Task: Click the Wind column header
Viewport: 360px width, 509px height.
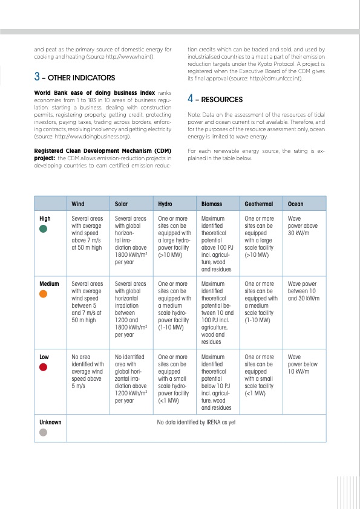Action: click(x=79, y=204)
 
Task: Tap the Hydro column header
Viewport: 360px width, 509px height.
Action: click(x=165, y=204)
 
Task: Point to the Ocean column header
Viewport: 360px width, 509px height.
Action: click(x=296, y=204)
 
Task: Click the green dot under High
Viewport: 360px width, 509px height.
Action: click(x=43, y=229)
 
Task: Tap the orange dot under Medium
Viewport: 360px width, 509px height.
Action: click(x=43, y=294)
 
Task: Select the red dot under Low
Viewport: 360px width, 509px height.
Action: click(x=43, y=367)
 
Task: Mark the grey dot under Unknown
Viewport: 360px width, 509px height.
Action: click(x=43, y=432)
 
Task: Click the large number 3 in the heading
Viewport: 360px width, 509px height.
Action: click(x=37, y=77)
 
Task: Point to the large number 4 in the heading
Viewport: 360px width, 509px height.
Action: click(x=191, y=99)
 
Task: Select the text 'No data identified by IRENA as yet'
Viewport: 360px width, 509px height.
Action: click(x=195, y=422)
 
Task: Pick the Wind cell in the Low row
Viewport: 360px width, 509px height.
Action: click(x=88, y=369)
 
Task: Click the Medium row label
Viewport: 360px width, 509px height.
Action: click(x=49, y=283)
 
